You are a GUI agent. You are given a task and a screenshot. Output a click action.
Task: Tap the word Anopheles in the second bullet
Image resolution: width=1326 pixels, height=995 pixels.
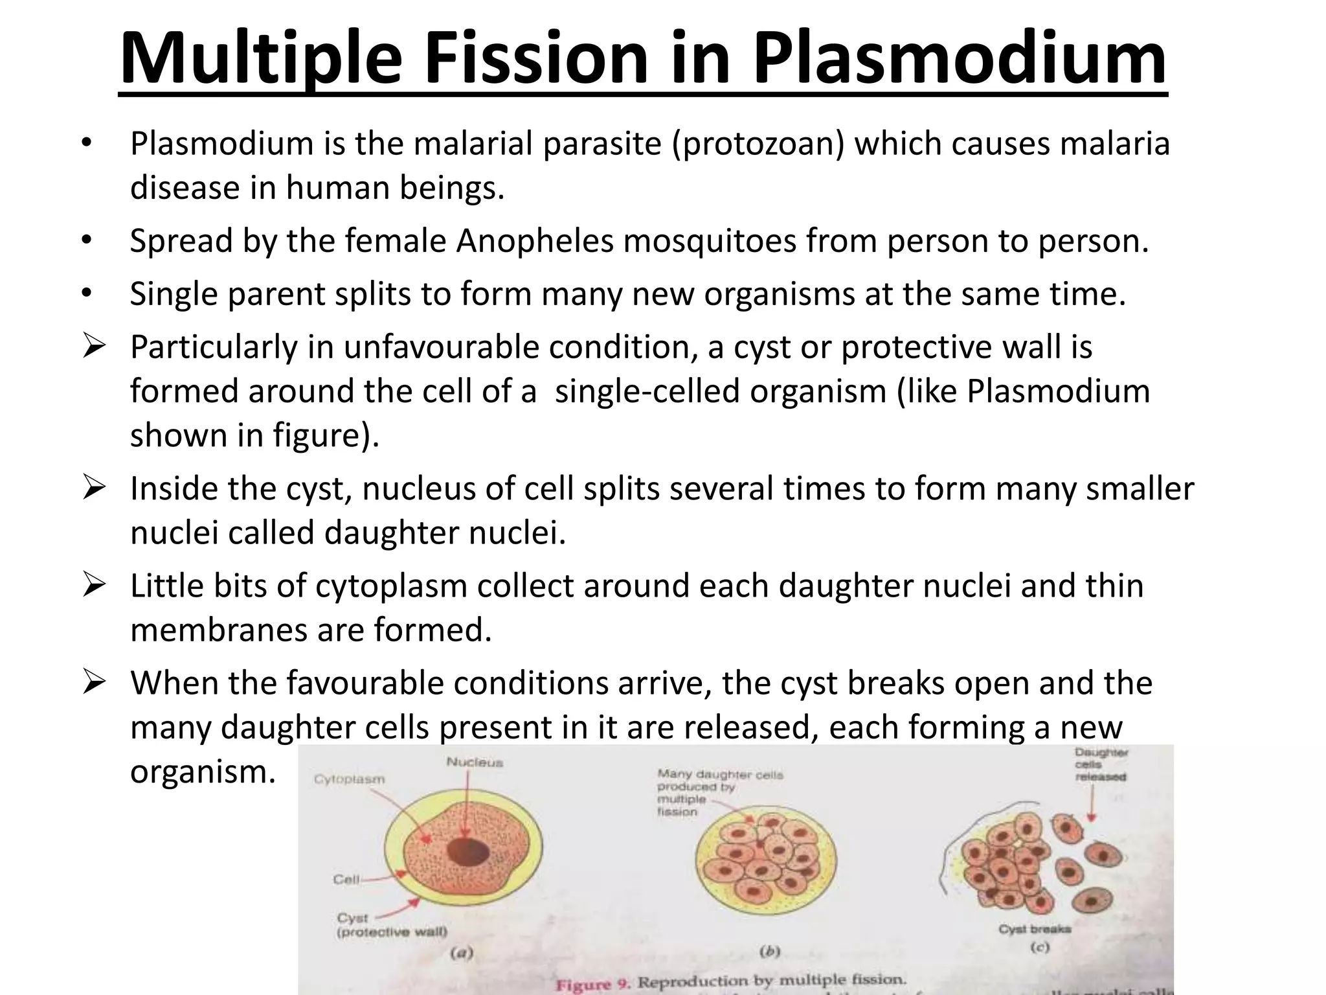tap(534, 241)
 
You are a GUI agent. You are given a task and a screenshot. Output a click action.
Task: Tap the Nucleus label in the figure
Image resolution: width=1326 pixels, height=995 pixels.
tap(475, 762)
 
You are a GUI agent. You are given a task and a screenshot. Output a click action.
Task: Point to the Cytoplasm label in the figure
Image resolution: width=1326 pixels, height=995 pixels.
tap(349, 779)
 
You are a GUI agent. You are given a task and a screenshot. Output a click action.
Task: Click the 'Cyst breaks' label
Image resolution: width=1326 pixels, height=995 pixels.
tap(1035, 929)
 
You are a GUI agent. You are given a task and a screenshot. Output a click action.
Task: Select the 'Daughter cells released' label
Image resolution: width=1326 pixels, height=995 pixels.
tap(1101, 764)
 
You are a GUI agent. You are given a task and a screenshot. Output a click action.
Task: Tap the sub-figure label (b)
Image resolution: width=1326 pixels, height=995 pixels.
tap(769, 952)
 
